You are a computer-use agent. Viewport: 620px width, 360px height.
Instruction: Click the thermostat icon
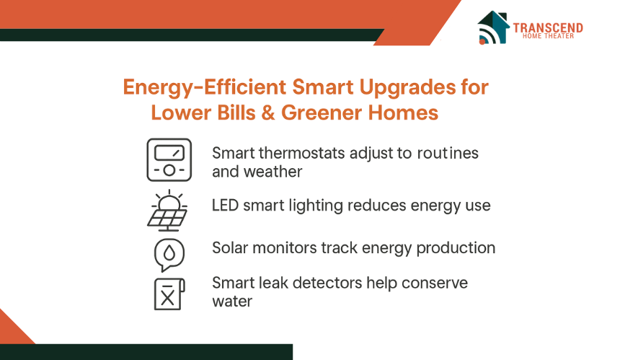point(169,160)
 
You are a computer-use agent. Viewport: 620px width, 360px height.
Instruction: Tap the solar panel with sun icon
point(168,211)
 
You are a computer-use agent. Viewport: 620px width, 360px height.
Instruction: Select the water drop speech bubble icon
point(169,255)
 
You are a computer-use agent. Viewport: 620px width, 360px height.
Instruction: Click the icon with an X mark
point(169,294)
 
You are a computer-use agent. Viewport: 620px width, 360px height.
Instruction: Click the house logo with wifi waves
point(493,27)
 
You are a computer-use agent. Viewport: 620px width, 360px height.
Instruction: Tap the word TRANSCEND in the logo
point(548,27)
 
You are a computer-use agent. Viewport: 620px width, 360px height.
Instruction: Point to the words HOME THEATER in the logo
point(548,36)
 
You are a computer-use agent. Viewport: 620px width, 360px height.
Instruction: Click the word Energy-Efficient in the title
point(205,87)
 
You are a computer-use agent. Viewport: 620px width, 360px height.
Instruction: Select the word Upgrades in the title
point(407,87)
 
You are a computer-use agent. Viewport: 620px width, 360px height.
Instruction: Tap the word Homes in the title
point(403,113)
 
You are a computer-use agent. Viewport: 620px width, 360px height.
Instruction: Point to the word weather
point(273,172)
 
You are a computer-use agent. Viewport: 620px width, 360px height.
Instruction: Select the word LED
point(225,206)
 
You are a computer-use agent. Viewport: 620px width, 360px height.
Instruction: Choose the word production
point(456,248)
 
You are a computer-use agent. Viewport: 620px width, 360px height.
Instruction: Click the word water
point(232,302)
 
